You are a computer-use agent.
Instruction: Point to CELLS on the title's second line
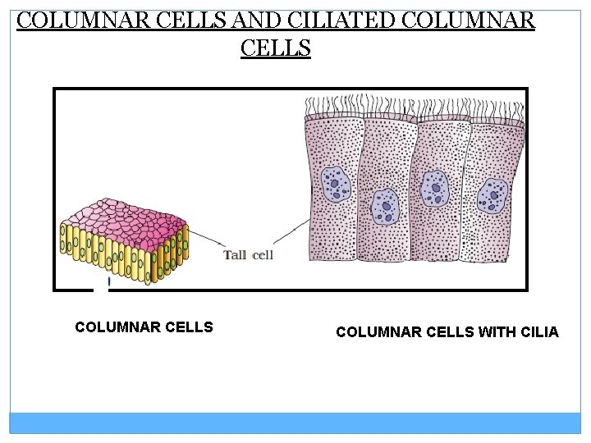tap(276, 48)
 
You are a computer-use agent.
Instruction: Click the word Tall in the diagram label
tap(236, 255)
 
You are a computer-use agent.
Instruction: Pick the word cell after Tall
tap(263, 255)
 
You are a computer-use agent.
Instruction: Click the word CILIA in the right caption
tap(538, 332)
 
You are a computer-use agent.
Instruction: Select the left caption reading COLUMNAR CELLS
tap(144, 327)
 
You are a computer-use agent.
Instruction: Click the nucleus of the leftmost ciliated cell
tap(335, 184)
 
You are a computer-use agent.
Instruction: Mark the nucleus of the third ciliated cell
tap(435, 189)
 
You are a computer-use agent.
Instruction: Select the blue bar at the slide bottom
tap(295, 422)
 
